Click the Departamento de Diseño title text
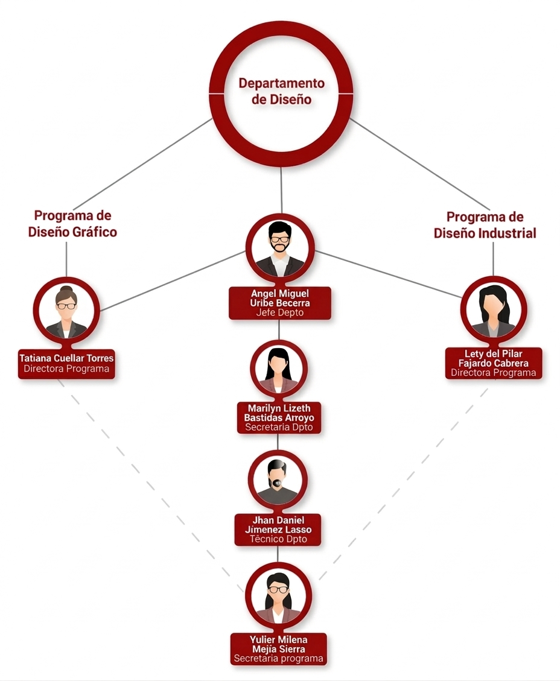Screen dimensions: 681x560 [x=281, y=91]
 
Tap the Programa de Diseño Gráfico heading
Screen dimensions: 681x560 [x=72, y=224]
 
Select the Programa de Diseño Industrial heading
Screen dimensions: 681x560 [x=485, y=225]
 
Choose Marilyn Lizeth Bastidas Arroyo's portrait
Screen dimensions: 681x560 [x=278, y=367]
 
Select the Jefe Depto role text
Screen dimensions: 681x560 [x=279, y=313]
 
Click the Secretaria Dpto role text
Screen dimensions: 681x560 [x=278, y=427]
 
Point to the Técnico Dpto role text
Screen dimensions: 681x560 [x=278, y=539]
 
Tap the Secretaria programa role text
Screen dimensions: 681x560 [x=279, y=659]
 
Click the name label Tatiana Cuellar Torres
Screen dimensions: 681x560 [x=66, y=358]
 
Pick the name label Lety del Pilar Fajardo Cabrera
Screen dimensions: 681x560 [x=493, y=358]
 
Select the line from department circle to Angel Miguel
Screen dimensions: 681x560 [x=281, y=190]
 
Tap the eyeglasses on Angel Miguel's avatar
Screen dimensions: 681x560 [x=279, y=239]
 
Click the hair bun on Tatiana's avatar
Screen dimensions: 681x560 [x=66, y=290]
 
